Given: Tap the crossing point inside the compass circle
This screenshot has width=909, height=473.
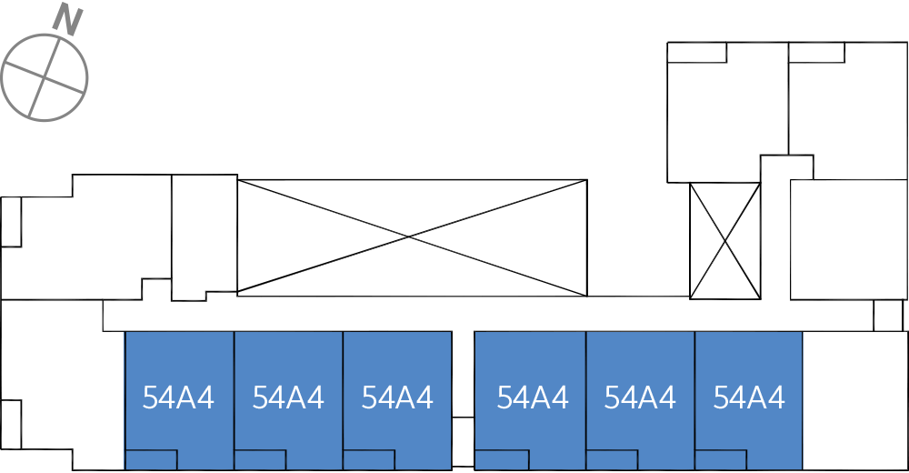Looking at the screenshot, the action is pyautogui.click(x=45, y=76).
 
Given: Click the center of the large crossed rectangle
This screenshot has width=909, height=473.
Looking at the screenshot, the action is pyautogui.click(x=412, y=236).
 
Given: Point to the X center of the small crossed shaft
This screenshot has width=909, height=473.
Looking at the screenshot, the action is pyautogui.click(x=724, y=240).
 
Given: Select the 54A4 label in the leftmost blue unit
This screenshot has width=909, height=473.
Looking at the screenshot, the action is pyautogui.click(x=178, y=398).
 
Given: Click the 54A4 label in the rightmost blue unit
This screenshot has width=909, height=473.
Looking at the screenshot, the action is pyautogui.click(x=749, y=398).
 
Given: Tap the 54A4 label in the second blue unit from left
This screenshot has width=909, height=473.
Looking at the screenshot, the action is pyautogui.click(x=288, y=398).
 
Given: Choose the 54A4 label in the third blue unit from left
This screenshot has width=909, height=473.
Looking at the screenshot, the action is pyautogui.click(x=397, y=398).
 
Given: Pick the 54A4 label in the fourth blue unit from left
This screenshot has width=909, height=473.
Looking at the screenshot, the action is pyautogui.click(x=533, y=398).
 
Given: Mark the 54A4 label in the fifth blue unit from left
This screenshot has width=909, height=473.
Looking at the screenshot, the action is pyautogui.click(x=640, y=398).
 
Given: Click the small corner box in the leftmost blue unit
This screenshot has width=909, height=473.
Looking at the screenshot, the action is pyautogui.click(x=151, y=459).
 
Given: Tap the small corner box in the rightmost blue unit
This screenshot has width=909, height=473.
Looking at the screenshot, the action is pyautogui.click(x=721, y=459).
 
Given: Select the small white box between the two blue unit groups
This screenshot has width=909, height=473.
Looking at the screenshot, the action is pyautogui.click(x=463, y=442).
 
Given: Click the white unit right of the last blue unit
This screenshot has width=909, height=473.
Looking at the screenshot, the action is pyautogui.click(x=855, y=401).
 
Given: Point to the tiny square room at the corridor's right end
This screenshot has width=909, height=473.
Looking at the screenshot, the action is pyautogui.click(x=888, y=315).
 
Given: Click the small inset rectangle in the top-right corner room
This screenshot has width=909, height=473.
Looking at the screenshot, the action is pyautogui.click(x=816, y=52).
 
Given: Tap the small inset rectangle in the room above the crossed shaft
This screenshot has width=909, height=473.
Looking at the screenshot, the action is pyautogui.click(x=697, y=52).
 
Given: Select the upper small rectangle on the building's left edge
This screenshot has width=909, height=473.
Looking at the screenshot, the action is pyautogui.click(x=11, y=222).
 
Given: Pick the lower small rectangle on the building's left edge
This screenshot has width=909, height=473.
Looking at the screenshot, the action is pyautogui.click(x=11, y=424).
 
